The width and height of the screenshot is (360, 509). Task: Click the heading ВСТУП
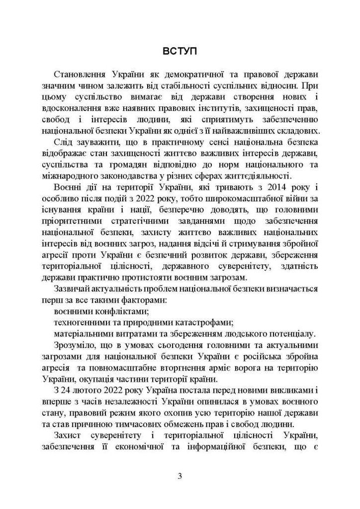tap(180, 51)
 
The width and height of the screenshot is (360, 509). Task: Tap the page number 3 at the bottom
tap(180, 476)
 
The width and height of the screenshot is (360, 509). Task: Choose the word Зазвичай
tap(73, 288)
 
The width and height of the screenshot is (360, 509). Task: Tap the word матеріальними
tap(84, 335)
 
